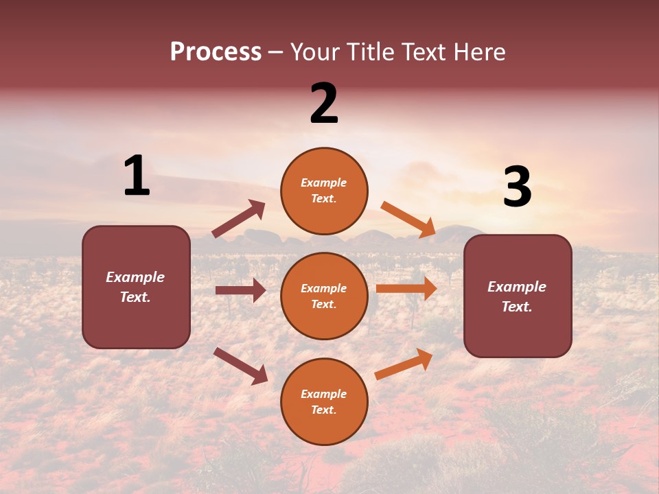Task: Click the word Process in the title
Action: [x=216, y=51]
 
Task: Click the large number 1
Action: [x=136, y=176]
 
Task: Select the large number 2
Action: [x=324, y=104]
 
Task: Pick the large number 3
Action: [x=517, y=187]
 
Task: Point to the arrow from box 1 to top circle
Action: [x=239, y=219]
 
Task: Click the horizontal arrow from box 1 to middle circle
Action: [x=240, y=290]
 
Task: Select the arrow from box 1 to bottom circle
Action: [x=240, y=366]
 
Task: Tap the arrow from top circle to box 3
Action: [x=408, y=220]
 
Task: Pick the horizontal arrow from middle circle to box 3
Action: [x=406, y=289]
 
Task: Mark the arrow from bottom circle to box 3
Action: [x=404, y=364]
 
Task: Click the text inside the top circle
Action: [x=324, y=191]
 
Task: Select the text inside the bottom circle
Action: [x=324, y=402]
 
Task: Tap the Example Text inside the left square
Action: [x=135, y=287]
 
